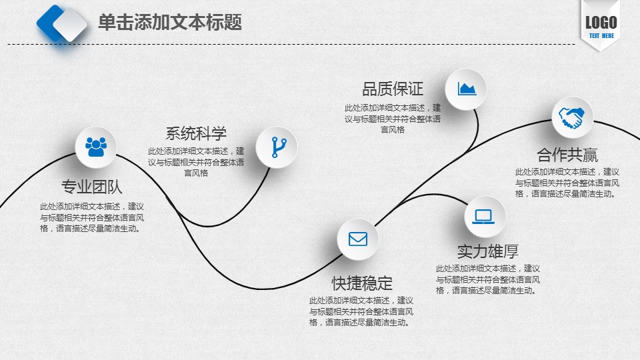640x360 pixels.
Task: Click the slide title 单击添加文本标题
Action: (x=170, y=22)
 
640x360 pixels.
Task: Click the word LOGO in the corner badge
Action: (x=601, y=23)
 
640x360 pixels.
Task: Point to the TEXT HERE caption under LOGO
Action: (x=601, y=35)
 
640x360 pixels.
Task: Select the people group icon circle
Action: (x=96, y=147)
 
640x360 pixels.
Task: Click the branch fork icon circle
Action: (x=277, y=147)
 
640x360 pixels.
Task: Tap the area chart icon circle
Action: (x=466, y=89)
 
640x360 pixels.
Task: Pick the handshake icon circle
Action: (x=573, y=117)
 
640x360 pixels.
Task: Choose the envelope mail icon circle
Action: (x=358, y=239)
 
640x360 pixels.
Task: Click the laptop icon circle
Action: (x=485, y=216)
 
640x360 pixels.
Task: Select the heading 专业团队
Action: (x=92, y=187)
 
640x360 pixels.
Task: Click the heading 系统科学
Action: (x=196, y=133)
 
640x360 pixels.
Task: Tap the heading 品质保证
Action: (x=393, y=89)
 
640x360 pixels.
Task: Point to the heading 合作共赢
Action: (x=567, y=155)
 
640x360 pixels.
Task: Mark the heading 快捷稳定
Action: (x=362, y=283)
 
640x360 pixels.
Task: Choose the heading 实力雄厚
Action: (x=488, y=251)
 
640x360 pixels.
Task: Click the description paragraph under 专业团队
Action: (x=92, y=217)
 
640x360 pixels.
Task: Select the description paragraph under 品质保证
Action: (x=393, y=119)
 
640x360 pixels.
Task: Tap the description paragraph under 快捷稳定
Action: (x=361, y=311)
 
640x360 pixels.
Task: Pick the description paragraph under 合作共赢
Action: (x=567, y=183)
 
